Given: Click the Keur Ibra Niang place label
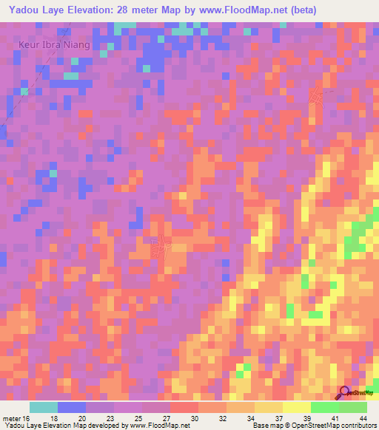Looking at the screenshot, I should pos(54,44).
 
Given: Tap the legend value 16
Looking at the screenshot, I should pos(27,418).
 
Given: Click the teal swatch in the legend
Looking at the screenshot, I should pos(44,407).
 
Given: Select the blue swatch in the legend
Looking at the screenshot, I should pos(72,407).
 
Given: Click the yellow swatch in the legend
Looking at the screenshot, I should pos(297,407).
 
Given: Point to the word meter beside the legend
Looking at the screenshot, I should pos(12,418).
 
